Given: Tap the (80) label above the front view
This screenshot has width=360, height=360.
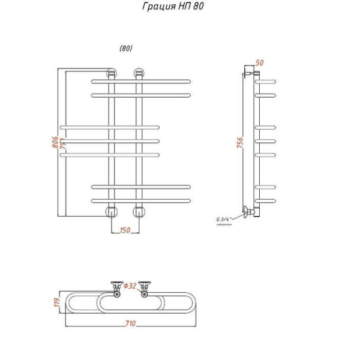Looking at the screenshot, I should [x=125, y=49].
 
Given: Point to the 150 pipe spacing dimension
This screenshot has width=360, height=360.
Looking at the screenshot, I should [x=125, y=230].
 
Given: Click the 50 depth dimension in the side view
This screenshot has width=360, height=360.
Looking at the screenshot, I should [x=260, y=63].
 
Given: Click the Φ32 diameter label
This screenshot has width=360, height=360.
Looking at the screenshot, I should [x=131, y=285].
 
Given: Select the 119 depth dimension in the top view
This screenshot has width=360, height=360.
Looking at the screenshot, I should [x=55, y=302].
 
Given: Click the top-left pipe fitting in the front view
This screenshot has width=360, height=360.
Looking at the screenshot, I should [x=112, y=74].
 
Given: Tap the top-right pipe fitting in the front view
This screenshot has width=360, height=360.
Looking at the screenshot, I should [x=140, y=74].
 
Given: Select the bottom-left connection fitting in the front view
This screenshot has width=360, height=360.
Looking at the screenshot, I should [x=112, y=211].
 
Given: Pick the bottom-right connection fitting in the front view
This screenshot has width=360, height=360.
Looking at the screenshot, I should [x=140, y=211].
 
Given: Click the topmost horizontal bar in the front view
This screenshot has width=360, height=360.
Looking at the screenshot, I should [x=141, y=81].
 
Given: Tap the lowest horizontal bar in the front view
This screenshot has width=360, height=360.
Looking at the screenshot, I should [x=141, y=200].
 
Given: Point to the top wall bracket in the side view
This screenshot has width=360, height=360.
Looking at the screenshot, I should [x=248, y=73].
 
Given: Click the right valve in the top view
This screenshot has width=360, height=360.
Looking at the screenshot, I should [x=145, y=287].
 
